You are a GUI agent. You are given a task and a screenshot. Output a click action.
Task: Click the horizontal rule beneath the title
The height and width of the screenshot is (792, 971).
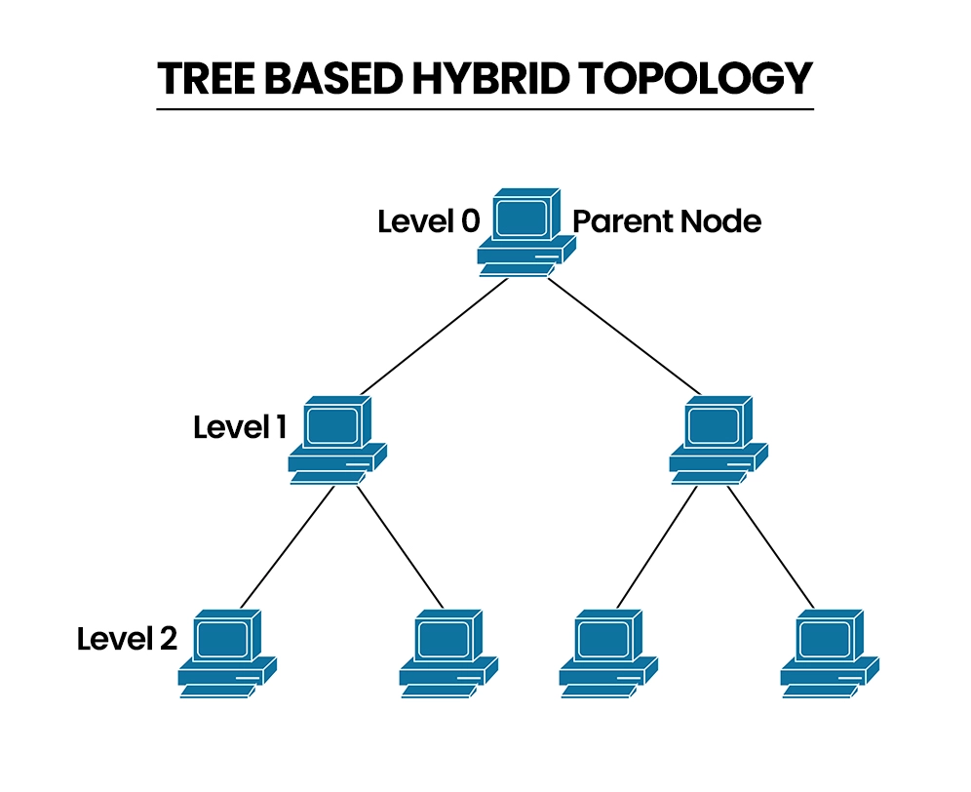coord(485,109)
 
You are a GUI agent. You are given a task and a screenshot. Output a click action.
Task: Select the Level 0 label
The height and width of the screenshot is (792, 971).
coord(428,221)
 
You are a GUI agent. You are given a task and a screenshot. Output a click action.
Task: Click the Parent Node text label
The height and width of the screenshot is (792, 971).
coord(666,221)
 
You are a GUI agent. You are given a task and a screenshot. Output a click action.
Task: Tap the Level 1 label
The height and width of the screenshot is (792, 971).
coord(239,427)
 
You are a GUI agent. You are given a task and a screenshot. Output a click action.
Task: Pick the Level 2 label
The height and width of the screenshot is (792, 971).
coord(127,640)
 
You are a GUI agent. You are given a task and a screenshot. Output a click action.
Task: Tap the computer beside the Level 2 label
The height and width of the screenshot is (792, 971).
coord(227,652)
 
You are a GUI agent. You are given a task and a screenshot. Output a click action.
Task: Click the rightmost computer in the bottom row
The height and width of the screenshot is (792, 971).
coord(829,652)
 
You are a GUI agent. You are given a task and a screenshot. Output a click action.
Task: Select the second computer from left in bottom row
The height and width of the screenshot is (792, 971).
coord(447,652)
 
